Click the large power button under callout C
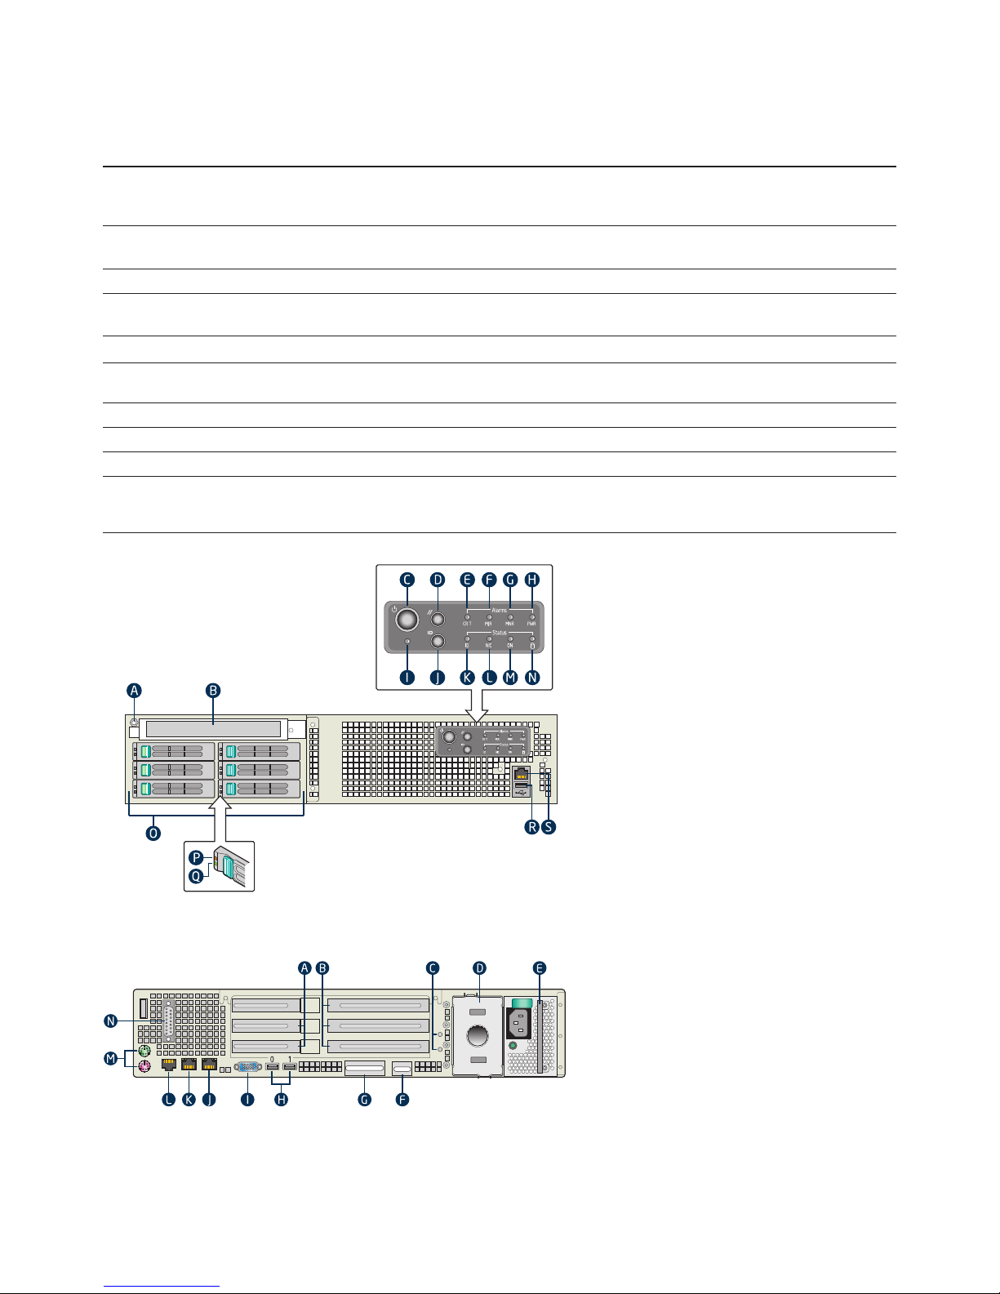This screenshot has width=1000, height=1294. [406, 620]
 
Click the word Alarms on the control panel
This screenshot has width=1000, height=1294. [500, 610]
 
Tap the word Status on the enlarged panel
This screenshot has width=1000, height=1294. [500, 633]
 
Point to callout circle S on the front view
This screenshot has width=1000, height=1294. [549, 827]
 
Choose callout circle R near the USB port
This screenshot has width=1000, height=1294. [532, 827]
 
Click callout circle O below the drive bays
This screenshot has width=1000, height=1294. [153, 834]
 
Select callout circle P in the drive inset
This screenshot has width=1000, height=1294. [196, 858]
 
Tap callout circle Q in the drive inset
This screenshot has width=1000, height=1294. [196, 876]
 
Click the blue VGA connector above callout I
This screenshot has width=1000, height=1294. [247, 1067]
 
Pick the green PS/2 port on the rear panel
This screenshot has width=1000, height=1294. [143, 1052]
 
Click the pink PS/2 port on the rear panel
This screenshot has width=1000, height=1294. [144, 1067]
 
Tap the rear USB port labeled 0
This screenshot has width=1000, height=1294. [273, 1067]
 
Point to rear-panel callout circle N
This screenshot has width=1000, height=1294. [111, 1021]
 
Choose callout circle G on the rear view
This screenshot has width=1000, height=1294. [365, 1100]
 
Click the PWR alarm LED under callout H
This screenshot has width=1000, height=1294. [532, 617]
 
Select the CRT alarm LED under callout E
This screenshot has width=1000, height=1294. [468, 617]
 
